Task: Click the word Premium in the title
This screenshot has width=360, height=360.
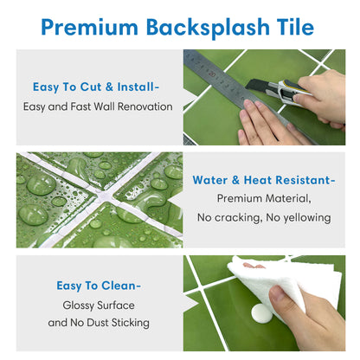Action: coord(90,28)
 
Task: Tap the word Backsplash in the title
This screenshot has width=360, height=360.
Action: coord(208,28)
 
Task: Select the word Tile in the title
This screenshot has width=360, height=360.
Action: coord(295,27)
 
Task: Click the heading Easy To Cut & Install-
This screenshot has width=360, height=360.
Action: coord(96,87)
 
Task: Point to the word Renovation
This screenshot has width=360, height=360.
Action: coord(145,106)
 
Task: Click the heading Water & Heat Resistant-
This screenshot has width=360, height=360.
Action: coord(264,180)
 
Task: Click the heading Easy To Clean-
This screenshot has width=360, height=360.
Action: coord(99,286)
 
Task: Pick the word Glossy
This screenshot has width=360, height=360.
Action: coord(79,305)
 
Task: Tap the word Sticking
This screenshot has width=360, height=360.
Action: coord(131,323)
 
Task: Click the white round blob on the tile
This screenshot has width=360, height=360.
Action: coord(261,313)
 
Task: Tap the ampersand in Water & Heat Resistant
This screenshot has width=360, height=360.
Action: coord(235,180)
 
